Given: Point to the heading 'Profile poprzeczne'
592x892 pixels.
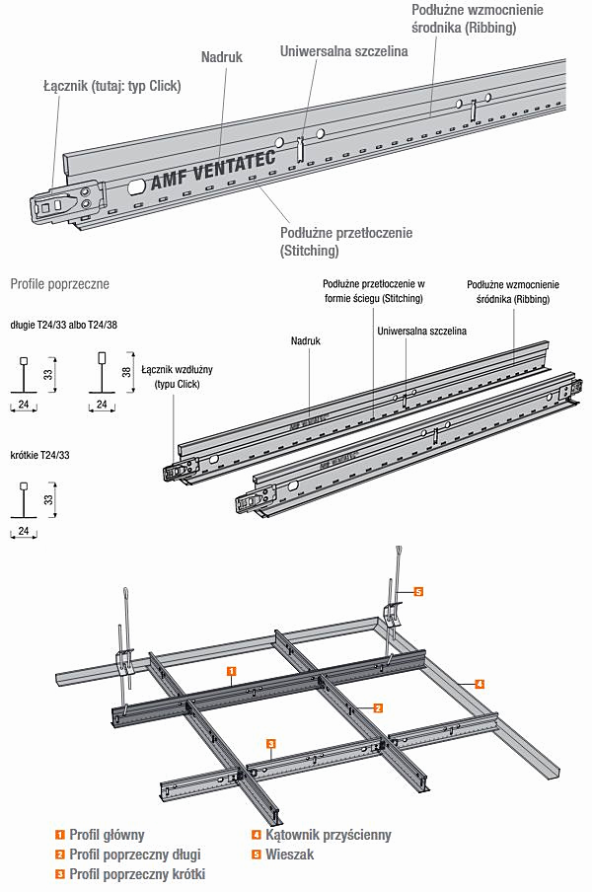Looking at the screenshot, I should click(59, 284).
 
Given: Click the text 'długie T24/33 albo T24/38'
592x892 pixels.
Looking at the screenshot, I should click(69, 324).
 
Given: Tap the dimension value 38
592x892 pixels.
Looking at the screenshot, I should click(124, 373).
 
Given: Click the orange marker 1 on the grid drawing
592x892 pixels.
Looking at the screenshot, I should click(230, 670).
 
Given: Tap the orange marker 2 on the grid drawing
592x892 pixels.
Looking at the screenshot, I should click(378, 707).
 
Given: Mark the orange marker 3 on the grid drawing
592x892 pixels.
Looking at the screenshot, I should click(270, 742).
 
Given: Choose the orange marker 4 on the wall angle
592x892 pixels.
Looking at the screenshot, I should click(479, 683).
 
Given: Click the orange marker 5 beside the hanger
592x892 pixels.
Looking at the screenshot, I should click(418, 592).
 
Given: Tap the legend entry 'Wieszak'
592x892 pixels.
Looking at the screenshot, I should click(290, 855).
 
